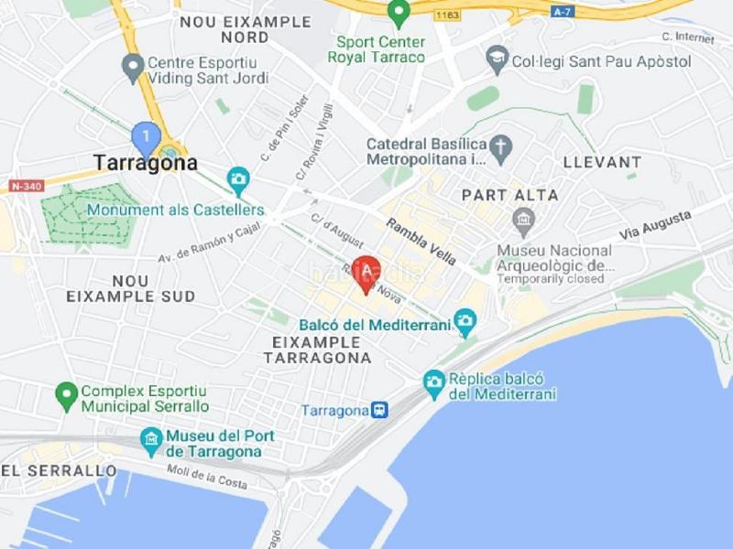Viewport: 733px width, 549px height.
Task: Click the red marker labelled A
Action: click(x=366, y=272)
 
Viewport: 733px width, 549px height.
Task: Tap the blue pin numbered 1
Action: click(x=146, y=138)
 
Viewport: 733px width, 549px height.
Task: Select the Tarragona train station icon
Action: click(x=379, y=410)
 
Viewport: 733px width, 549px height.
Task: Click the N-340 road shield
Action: click(x=27, y=186)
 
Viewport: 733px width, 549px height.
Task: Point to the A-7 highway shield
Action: click(x=562, y=12)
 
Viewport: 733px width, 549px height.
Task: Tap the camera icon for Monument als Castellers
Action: click(x=238, y=178)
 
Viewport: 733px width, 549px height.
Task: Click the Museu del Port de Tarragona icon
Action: click(x=151, y=442)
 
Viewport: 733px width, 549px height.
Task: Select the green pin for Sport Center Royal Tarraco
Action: click(x=398, y=13)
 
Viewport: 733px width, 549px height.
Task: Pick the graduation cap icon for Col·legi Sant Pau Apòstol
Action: click(x=498, y=60)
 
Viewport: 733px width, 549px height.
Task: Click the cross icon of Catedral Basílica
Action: click(x=499, y=145)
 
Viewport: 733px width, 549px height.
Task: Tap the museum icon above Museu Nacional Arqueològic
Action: click(x=523, y=221)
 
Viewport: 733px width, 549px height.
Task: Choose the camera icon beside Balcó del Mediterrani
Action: click(x=465, y=322)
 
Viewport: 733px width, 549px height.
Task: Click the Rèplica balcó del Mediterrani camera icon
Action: click(x=434, y=383)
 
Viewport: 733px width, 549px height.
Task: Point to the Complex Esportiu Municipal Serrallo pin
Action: click(x=65, y=395)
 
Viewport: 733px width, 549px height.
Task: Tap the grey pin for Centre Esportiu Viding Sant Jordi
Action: click(x=133, y=66)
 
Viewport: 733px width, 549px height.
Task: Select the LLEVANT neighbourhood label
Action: click(x=602, y=162)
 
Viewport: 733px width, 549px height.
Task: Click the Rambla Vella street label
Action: click(x=421, y=242)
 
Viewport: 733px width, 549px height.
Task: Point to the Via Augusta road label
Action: click(x=654, y=224)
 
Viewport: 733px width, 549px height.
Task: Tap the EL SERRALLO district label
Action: click(x=59, y=470)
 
